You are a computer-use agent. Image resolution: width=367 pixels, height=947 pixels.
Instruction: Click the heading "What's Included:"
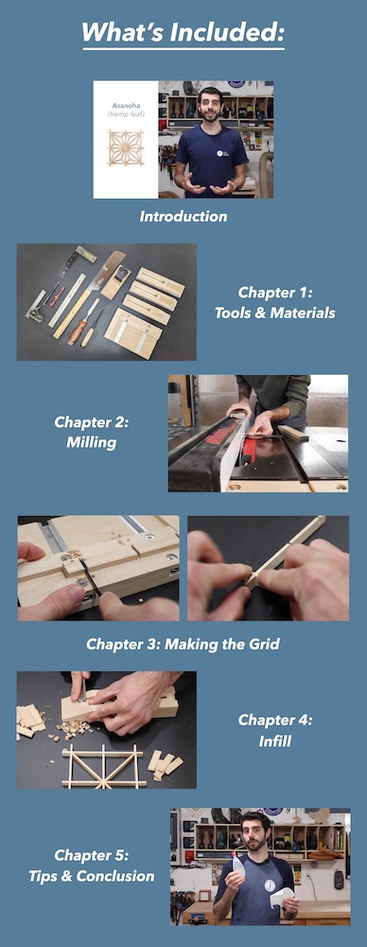tap(183, 32)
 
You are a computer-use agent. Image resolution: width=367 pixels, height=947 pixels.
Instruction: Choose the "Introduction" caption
tap(183, 216)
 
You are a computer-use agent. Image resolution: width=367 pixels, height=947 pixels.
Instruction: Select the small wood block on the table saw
tap(293, 433)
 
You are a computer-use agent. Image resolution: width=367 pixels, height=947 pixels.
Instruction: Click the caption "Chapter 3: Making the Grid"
tap(183, 644)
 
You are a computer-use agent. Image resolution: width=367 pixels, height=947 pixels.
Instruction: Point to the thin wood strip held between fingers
tap(284, 559)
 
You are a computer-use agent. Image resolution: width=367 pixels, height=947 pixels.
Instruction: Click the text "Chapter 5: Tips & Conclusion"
tap(91, 867)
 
